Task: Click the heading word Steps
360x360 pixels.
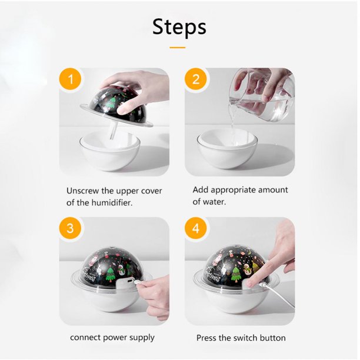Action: [x=179, y=27]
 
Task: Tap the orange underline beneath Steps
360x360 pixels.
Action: [x=178, y=48]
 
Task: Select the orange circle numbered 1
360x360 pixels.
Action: [x=71, y=79]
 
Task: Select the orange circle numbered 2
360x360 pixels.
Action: [x=196, y=79]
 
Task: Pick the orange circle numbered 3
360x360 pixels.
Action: [x=70, y=228]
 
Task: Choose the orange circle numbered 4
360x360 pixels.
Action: [x=196, y=228]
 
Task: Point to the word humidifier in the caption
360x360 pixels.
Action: [x=112, y=202]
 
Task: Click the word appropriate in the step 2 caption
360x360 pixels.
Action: [x=233, y=191]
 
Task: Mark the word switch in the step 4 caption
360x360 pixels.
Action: [x=245, y=338]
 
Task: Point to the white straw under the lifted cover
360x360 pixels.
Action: [x=114, y=130]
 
